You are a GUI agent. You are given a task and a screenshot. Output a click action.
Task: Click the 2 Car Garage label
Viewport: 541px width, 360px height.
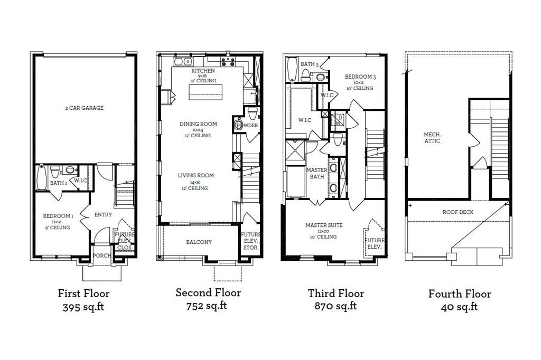[85, 108]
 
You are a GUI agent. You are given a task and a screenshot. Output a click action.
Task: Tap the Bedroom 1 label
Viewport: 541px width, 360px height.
[58, 216]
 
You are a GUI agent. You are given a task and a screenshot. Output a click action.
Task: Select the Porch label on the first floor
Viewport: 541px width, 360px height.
[102, 255]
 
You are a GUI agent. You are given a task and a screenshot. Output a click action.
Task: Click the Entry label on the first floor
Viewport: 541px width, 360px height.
[102, 215]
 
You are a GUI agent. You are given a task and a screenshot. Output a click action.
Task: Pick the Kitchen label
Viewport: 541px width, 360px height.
[203, 71]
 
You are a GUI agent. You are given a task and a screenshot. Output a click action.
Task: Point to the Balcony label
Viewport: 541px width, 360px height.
[199, 242]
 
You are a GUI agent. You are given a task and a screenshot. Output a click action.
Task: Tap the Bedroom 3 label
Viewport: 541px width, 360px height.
[360, 77]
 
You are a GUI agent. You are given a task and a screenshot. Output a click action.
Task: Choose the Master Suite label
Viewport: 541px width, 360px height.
[324, 225]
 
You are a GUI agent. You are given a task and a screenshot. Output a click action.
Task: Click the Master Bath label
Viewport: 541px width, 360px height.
[316, 173]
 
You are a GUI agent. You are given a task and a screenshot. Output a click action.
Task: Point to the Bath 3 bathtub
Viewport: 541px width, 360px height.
[291, 69]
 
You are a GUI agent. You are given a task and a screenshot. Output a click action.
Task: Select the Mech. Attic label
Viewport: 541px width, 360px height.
[432, 137]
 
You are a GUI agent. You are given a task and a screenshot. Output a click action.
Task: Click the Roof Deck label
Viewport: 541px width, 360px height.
[458, 212]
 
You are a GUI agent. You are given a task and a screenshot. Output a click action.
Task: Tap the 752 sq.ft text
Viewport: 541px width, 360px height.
[208, 306]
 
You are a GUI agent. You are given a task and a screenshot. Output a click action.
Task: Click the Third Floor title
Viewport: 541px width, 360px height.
[336, 293]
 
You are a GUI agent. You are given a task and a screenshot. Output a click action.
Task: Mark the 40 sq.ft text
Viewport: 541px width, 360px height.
[460, 307]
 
